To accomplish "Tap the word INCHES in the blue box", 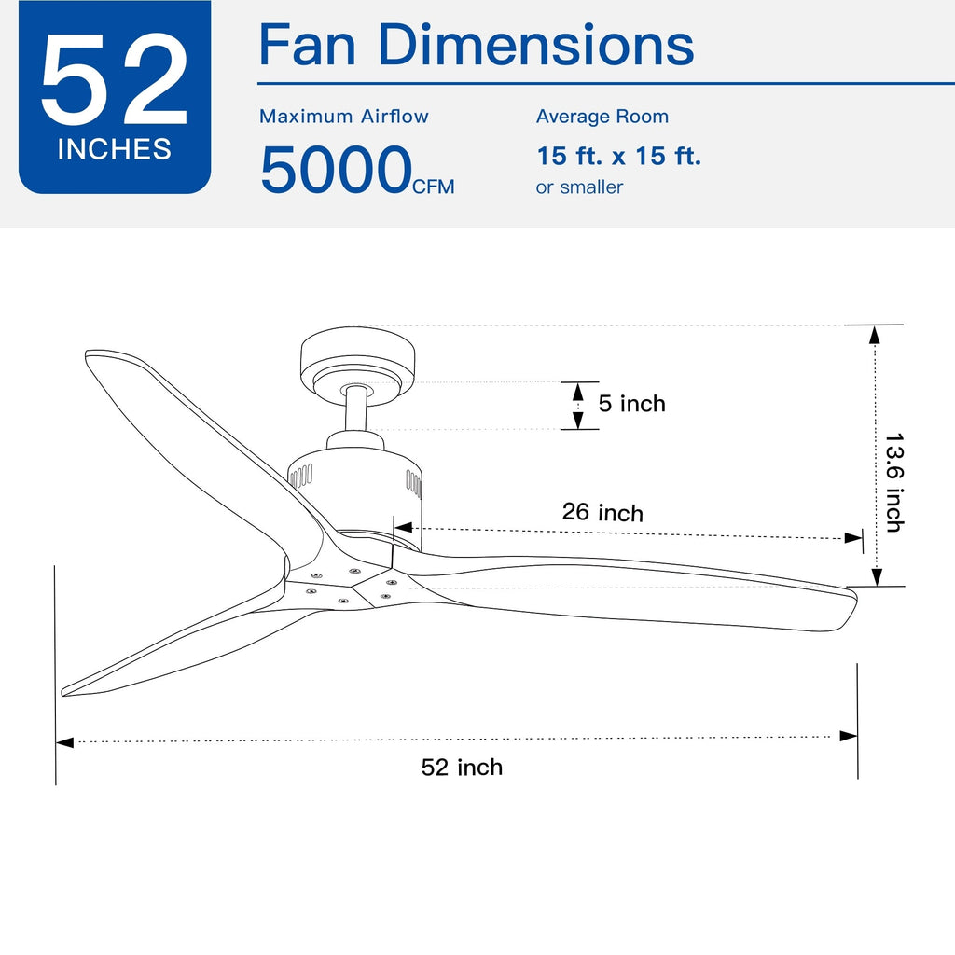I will click(x=114, y=149).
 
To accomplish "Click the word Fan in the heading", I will click(x=311, y=44).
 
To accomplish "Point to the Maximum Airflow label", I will click(x=344, y=117).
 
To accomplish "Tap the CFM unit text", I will click(x=434, y=187).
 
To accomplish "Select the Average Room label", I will click(x=602, y=117).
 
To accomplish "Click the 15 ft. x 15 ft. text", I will click(x=618, y=156).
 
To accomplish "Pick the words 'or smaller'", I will click(x=579, y=187).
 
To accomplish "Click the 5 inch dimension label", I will click(x=631, y=404).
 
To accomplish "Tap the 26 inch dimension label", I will click(x=602, y=512).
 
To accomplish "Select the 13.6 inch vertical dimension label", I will click(x=893, y=482).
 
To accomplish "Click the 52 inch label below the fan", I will click(x=462, y=768).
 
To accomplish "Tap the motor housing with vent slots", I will click(x=355, y=485).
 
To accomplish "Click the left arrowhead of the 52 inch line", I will click(x=64, y=742).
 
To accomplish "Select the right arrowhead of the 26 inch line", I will click(x=852, y=538).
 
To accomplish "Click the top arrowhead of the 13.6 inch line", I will click(x=874, y=334).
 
